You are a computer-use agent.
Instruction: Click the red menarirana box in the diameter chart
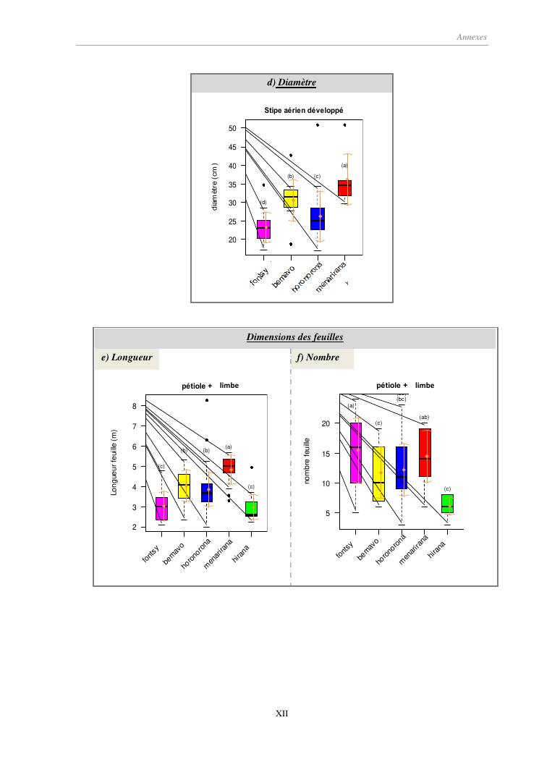coord(344,188)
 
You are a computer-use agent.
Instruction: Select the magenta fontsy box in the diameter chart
coord(263,229)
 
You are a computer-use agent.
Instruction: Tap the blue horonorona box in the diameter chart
coord(318,219)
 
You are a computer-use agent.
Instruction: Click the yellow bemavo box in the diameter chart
coord(291,199)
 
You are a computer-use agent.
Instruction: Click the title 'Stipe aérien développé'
coord(303,111)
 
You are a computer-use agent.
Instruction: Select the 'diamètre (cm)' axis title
coord(215,187)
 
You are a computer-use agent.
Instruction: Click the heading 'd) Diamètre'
coord(292,83)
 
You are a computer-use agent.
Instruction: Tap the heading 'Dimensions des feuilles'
coord(294,337)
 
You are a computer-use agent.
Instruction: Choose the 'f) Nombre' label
coord(318,357)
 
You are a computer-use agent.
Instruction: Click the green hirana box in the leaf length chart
coord(251,509)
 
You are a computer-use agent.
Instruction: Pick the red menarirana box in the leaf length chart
coord(229,465)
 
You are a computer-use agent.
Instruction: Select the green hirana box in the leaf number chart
coord(447,504)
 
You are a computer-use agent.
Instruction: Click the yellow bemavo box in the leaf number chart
coord(378,473)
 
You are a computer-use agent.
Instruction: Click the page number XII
coord(283,713)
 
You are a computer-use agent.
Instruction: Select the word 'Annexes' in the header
coord(472,37)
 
